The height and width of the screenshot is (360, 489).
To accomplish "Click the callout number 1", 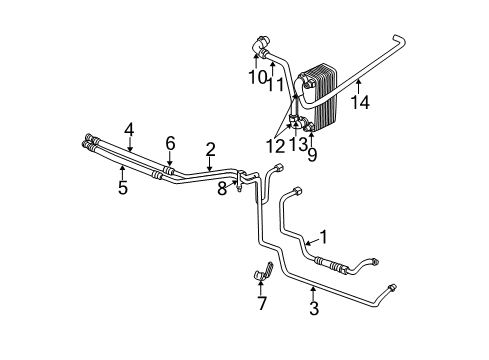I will [x=323, y=238].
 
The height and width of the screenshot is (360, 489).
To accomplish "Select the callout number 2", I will [x=210, y=149].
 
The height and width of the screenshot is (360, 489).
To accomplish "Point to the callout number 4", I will [x=129, y=128].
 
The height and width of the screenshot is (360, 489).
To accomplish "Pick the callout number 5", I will [x=122, y=187].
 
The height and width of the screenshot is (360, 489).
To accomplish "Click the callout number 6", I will [x=170, y=143].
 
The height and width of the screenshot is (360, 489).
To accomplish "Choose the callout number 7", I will [x=261, y=303].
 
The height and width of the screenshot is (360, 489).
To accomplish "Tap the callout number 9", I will [x=311, y=155].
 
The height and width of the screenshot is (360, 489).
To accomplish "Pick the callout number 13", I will [x=296, y=147].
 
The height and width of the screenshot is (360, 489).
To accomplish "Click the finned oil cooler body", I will [x=325, y=95].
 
